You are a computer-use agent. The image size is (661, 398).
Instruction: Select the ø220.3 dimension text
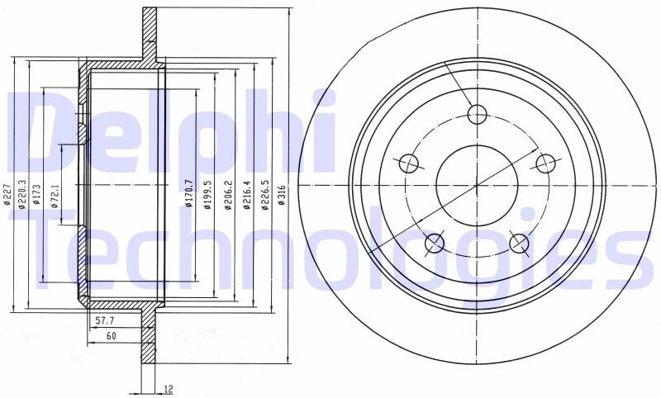click(23, 194)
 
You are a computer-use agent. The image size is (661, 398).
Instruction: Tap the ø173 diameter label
click(36, 194)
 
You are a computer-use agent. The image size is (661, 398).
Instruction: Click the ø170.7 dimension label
click(189, 193)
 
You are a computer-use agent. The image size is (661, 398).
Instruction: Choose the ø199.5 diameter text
click(207, 195)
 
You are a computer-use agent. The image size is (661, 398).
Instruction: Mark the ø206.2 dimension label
click(228, 195)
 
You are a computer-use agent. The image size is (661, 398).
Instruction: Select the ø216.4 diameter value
click(246, 195)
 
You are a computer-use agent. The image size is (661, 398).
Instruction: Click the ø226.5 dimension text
click(264, 195)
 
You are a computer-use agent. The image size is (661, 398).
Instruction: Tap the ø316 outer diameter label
click(282, 195)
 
